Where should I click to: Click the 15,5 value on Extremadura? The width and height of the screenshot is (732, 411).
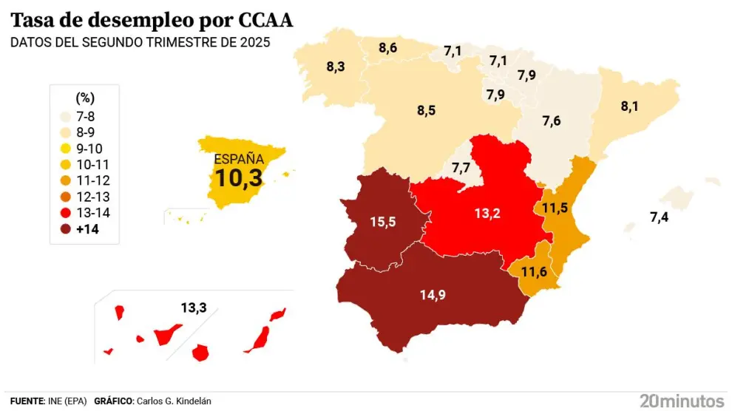pyautogui.click(x=382, y=220)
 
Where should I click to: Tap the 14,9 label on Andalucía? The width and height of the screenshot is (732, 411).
pyautogui.click(x=433, y=295)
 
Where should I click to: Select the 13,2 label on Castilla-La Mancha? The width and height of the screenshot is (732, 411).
pyautogui.click(x=487, y=214)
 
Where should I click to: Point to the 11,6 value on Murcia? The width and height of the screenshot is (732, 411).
pyautogui.click(x=534, y=271)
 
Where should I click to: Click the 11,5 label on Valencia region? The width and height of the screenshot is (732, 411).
pyautogui.click(x=555, y=207)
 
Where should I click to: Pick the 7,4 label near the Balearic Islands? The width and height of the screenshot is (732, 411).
pyautogui.click(x=662, y=217)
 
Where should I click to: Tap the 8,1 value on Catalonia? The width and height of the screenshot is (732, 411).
pyautogui.click(x=630, y=106)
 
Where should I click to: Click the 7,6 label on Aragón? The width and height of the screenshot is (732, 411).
pyautogui.click(x=552, y=121)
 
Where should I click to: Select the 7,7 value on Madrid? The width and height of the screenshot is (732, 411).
pyautogui.click(x=461, y=169)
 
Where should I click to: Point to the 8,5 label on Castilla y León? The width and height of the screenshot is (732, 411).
pyautogui.click(x=426, y=111)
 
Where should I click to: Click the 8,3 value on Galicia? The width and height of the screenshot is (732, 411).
pyautogui.click(x=336, y=67)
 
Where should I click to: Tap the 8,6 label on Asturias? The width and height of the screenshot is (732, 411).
pyautogui.click(x=388, y=48)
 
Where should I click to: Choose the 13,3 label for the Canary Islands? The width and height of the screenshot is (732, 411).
pyautogui.click(x=194, y=308)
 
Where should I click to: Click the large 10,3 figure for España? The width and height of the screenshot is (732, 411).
pyautogui.click(x=239, y=177)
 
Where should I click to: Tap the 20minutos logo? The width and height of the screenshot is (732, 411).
pyautogui.click(x=682, y=401)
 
